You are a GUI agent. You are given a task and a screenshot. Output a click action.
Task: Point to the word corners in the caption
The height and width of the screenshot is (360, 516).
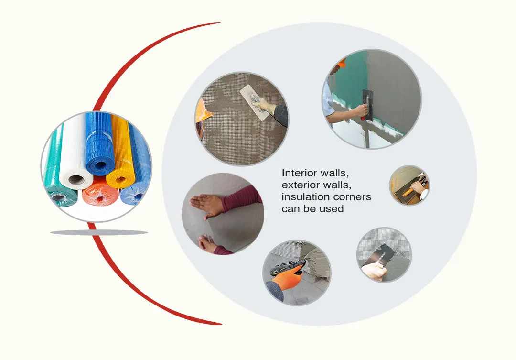352,197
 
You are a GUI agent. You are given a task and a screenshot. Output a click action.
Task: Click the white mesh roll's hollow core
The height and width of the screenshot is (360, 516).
76,180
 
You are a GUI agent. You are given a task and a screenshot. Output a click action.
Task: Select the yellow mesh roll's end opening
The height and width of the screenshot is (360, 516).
120,179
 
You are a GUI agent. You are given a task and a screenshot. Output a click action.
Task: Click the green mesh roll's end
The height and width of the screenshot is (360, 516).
59,197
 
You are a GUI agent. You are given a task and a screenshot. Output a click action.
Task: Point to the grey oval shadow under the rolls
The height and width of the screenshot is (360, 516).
99,232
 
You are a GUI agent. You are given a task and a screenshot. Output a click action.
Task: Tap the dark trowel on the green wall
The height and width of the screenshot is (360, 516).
367,105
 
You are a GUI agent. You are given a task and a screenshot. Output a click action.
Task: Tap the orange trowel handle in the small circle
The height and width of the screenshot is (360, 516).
408,192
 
